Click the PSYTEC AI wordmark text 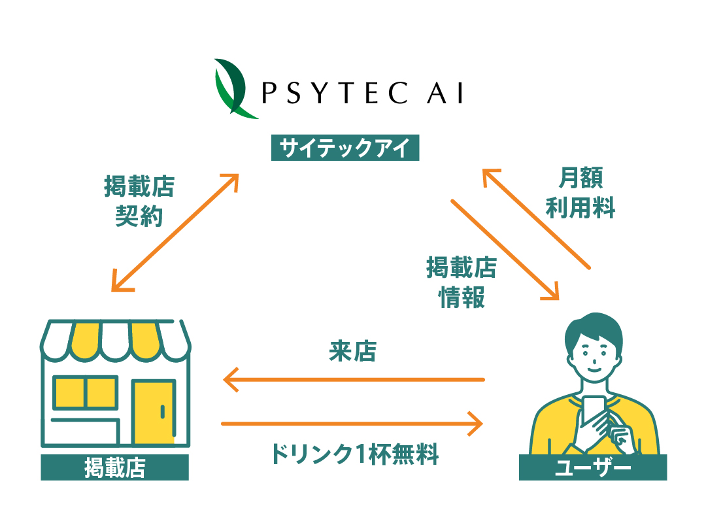(x=362, y=93)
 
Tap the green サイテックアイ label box (x=345, y=148)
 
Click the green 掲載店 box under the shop (x=115, y=467)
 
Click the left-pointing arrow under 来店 (x=354, y=380)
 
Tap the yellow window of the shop (x=85, y=392)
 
